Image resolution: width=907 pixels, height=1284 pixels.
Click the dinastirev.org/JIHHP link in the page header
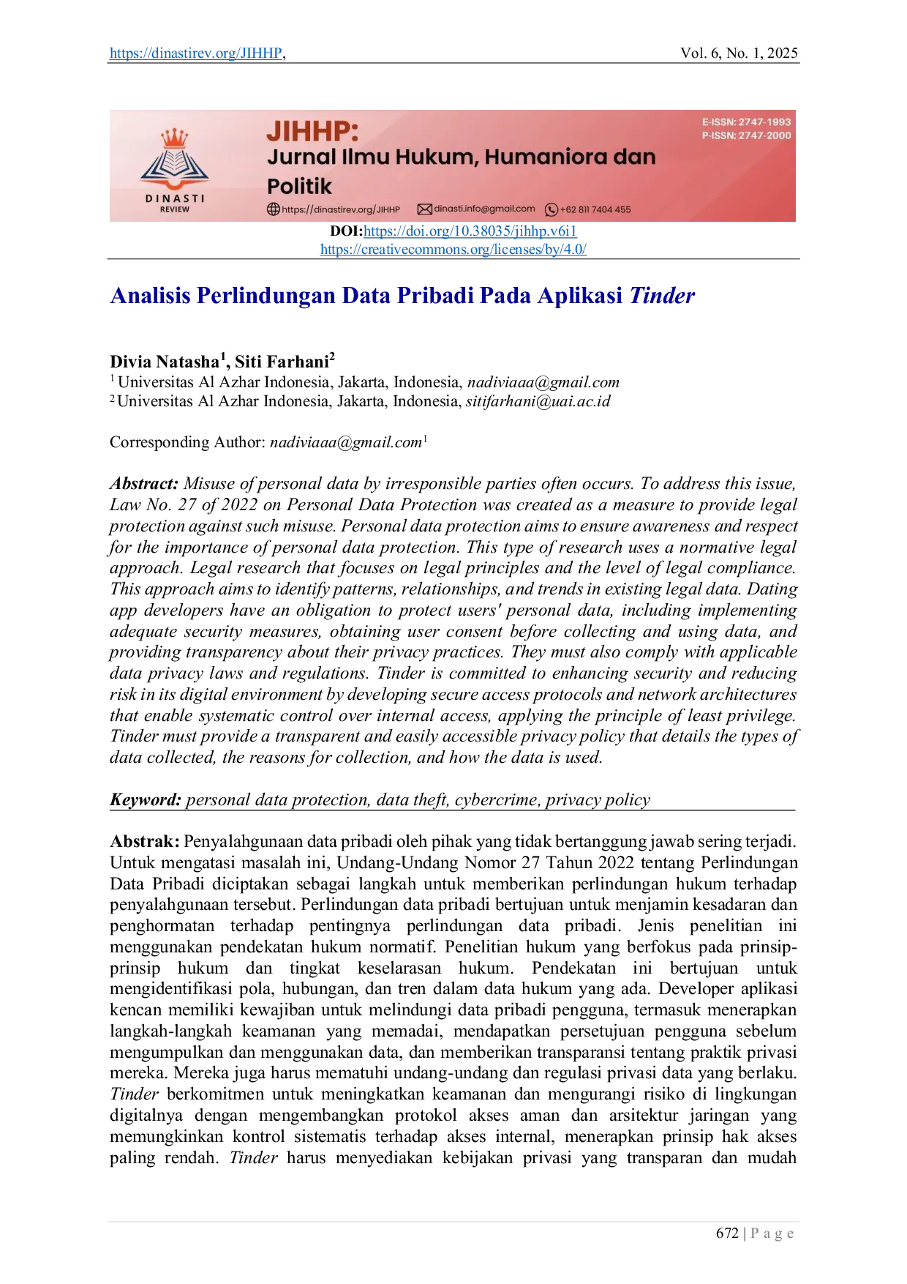point(196,53)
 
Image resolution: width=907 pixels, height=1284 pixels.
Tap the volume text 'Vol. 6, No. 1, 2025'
point(739,53)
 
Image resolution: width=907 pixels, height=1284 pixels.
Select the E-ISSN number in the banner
point(747,122)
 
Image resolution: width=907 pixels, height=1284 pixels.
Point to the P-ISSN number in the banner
point(747,135)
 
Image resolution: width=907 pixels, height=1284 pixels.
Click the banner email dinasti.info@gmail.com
point(476,209)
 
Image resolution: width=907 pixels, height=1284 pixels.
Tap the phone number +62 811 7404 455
point(588,210)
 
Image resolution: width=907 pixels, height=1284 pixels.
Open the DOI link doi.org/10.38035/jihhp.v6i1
point(470,231)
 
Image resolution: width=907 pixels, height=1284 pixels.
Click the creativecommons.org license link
point(453,250)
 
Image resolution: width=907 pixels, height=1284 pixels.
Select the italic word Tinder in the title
point(662,296)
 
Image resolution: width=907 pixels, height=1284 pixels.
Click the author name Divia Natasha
point(165,362)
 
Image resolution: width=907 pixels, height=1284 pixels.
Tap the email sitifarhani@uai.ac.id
point(538,402)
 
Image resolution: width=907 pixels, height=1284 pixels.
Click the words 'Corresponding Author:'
point(187,443)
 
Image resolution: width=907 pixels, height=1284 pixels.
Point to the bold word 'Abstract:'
point(144,484)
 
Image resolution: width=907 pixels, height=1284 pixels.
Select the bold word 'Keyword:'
point(146,800)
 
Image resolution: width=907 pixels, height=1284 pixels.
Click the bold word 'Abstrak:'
point(145,842)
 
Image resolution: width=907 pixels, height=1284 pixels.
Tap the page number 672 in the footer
point(728,1233)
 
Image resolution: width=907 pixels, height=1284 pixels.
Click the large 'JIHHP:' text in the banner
point(313,132)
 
